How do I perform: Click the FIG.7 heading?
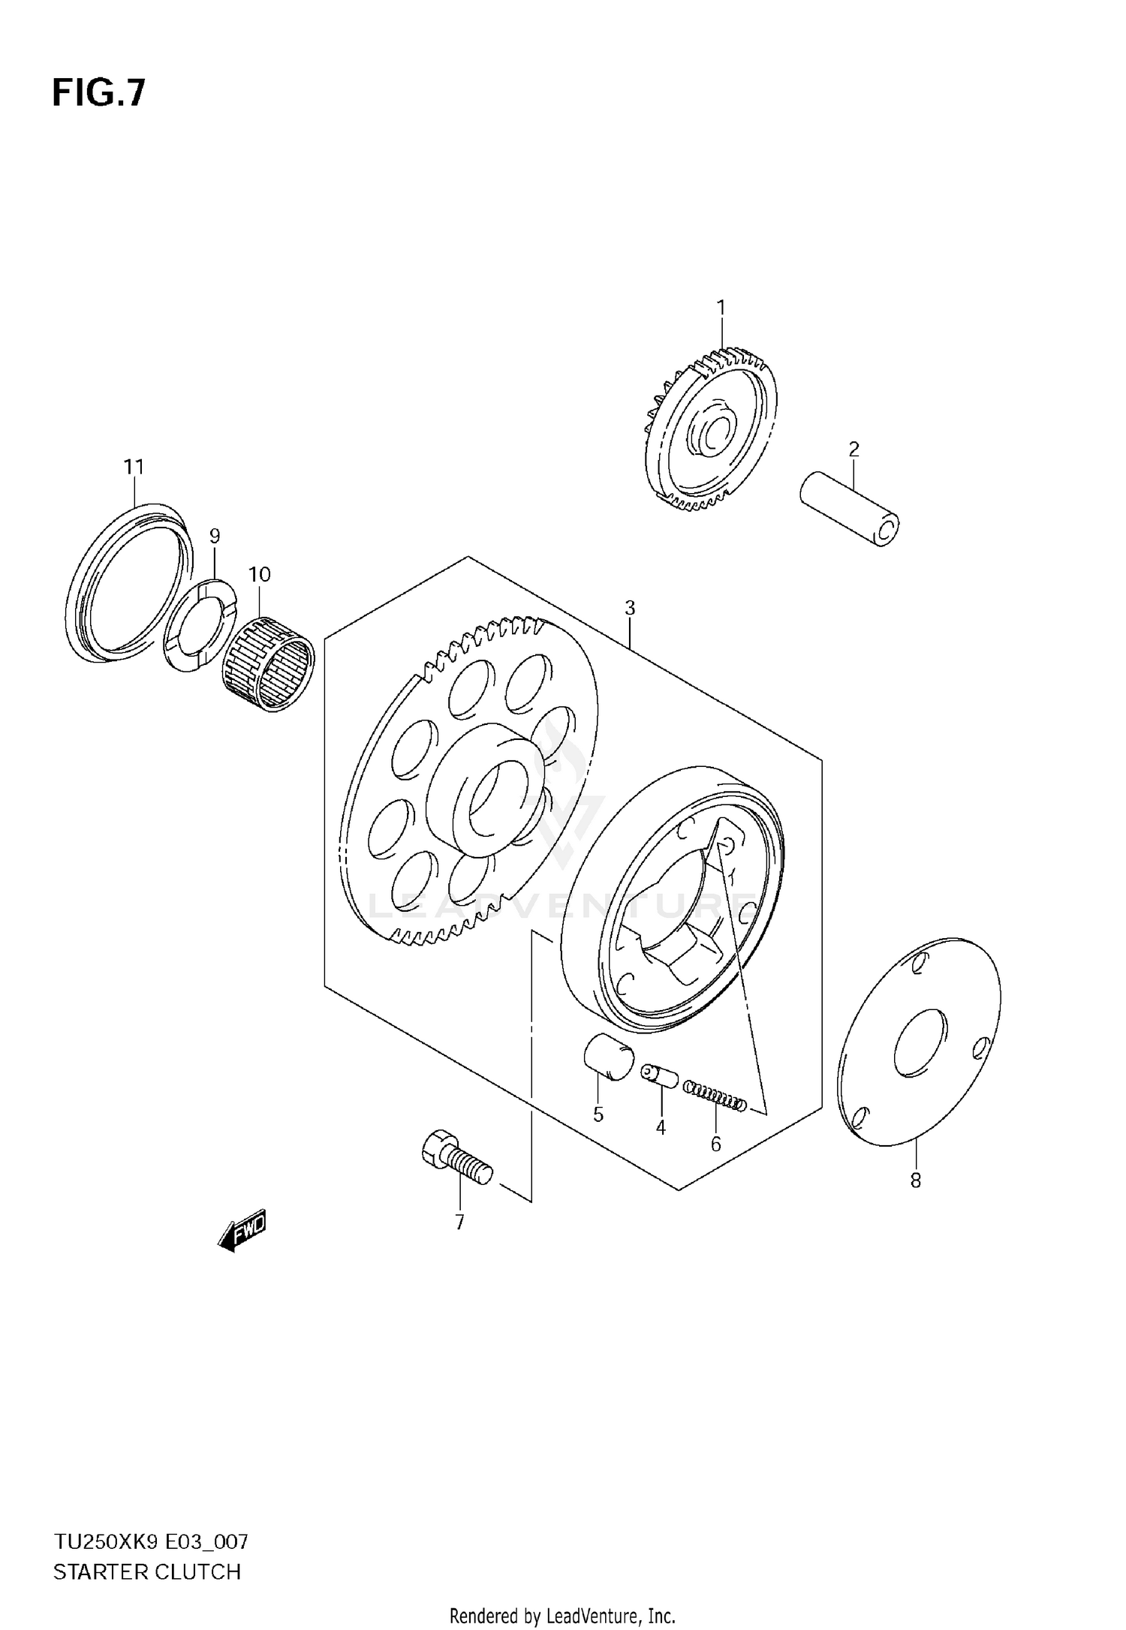coord(98,94)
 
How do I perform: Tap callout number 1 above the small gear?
coord(721,308)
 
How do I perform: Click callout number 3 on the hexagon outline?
coord(630,608)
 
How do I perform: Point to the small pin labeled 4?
coord(659,1074)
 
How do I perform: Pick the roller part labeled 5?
coord(609,1058)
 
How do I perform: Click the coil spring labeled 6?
coord(715,1095)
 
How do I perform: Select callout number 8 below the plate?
coord(915,1180)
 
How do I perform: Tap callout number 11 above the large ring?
coord(134,467)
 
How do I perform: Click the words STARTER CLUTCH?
coord(147,1571)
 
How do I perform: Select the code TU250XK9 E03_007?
coord(150,1542)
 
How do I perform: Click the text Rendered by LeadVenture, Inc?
coord(562,1615)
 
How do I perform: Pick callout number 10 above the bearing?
coord(259,574)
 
